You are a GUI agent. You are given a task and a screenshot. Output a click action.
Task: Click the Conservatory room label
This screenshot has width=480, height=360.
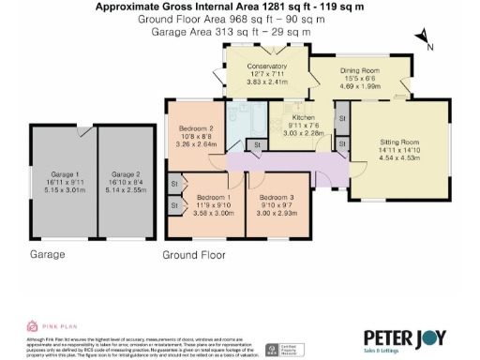[266, 66]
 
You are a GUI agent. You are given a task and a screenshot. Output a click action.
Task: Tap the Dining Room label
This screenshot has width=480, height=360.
[359, 71]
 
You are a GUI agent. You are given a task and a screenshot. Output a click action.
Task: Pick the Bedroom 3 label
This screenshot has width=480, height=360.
[277, 197]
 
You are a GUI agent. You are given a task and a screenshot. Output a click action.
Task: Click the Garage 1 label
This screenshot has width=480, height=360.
[65, 173]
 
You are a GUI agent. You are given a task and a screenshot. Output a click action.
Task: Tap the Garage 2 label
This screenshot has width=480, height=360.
[125, 173]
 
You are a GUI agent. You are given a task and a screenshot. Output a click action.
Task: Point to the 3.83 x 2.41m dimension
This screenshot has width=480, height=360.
[266, 82]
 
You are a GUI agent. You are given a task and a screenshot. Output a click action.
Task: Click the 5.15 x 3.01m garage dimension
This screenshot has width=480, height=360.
[65, 188]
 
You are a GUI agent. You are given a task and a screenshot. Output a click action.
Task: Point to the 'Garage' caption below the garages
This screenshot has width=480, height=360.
[47, 254]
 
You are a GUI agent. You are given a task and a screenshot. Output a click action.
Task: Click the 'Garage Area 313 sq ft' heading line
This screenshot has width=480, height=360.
[231, 31]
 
